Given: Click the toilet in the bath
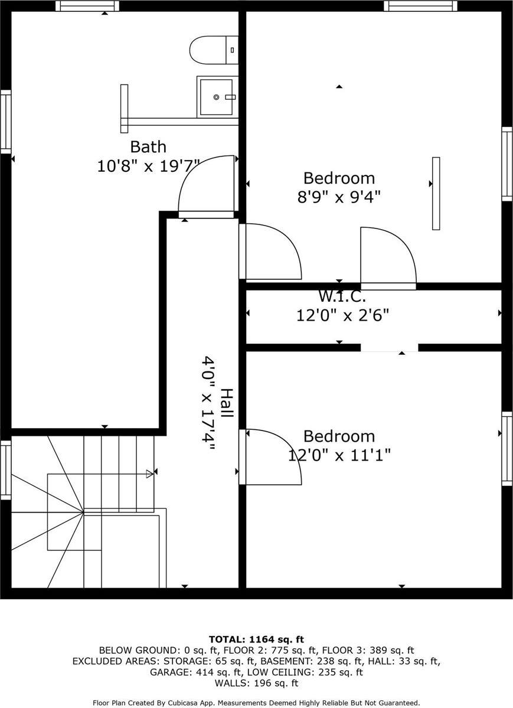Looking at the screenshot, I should pos(214,50).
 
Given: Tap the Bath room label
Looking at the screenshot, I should pos(148,146).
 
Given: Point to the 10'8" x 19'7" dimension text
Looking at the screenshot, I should pos(148,167).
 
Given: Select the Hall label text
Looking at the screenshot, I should pos(226,403).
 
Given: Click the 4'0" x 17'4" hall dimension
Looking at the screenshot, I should pos(208,403).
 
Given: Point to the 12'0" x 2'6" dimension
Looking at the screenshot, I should pos(342,315).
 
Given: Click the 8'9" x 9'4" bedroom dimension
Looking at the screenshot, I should pos(338,197).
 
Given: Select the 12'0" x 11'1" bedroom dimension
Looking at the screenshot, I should pos(339,455).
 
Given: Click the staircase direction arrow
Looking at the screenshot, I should pos(149,472).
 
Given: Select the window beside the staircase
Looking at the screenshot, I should pos(6,469).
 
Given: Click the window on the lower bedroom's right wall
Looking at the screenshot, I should pos(507,449).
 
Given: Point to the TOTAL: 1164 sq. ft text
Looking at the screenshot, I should pos(256,639).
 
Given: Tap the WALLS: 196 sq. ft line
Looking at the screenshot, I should pos(256,683).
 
